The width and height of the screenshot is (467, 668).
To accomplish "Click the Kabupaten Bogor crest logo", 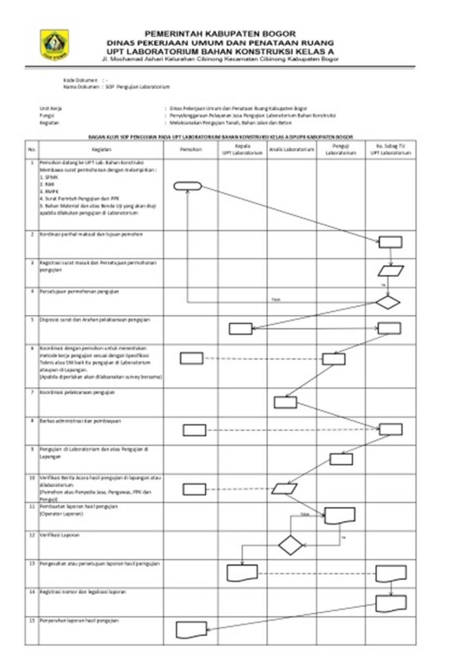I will [54, 44].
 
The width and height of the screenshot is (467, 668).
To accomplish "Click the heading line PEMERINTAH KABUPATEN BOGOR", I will [220, 34].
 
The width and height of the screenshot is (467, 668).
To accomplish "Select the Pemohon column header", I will [191, 149].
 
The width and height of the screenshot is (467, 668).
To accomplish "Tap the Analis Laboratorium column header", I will [291, 149].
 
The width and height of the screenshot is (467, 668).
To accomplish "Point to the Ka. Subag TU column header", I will [390, 149].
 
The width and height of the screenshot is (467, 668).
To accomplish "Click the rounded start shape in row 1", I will [188, 186].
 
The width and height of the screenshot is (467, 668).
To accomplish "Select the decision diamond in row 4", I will [387, 302].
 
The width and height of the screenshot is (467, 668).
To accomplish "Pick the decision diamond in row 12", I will [290, 545].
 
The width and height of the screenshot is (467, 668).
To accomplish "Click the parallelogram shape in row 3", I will [390, 271].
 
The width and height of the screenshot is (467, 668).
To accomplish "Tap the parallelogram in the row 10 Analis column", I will [284, 489].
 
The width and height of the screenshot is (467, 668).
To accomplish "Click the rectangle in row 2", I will [390, 242].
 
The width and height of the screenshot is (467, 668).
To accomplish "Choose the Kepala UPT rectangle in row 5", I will [240, 329].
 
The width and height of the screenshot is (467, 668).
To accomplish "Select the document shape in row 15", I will [191, 630].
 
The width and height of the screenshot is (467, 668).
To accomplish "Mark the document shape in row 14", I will [391, 603].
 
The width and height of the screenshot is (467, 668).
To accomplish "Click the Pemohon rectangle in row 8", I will [194, 430].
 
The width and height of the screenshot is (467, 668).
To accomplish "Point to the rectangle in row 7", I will [285, 402].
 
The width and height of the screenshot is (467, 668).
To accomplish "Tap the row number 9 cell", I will [32, 450].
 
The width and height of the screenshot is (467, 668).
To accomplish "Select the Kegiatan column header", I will [101, 149].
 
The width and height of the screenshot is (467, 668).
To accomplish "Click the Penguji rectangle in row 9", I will [341, 459].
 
